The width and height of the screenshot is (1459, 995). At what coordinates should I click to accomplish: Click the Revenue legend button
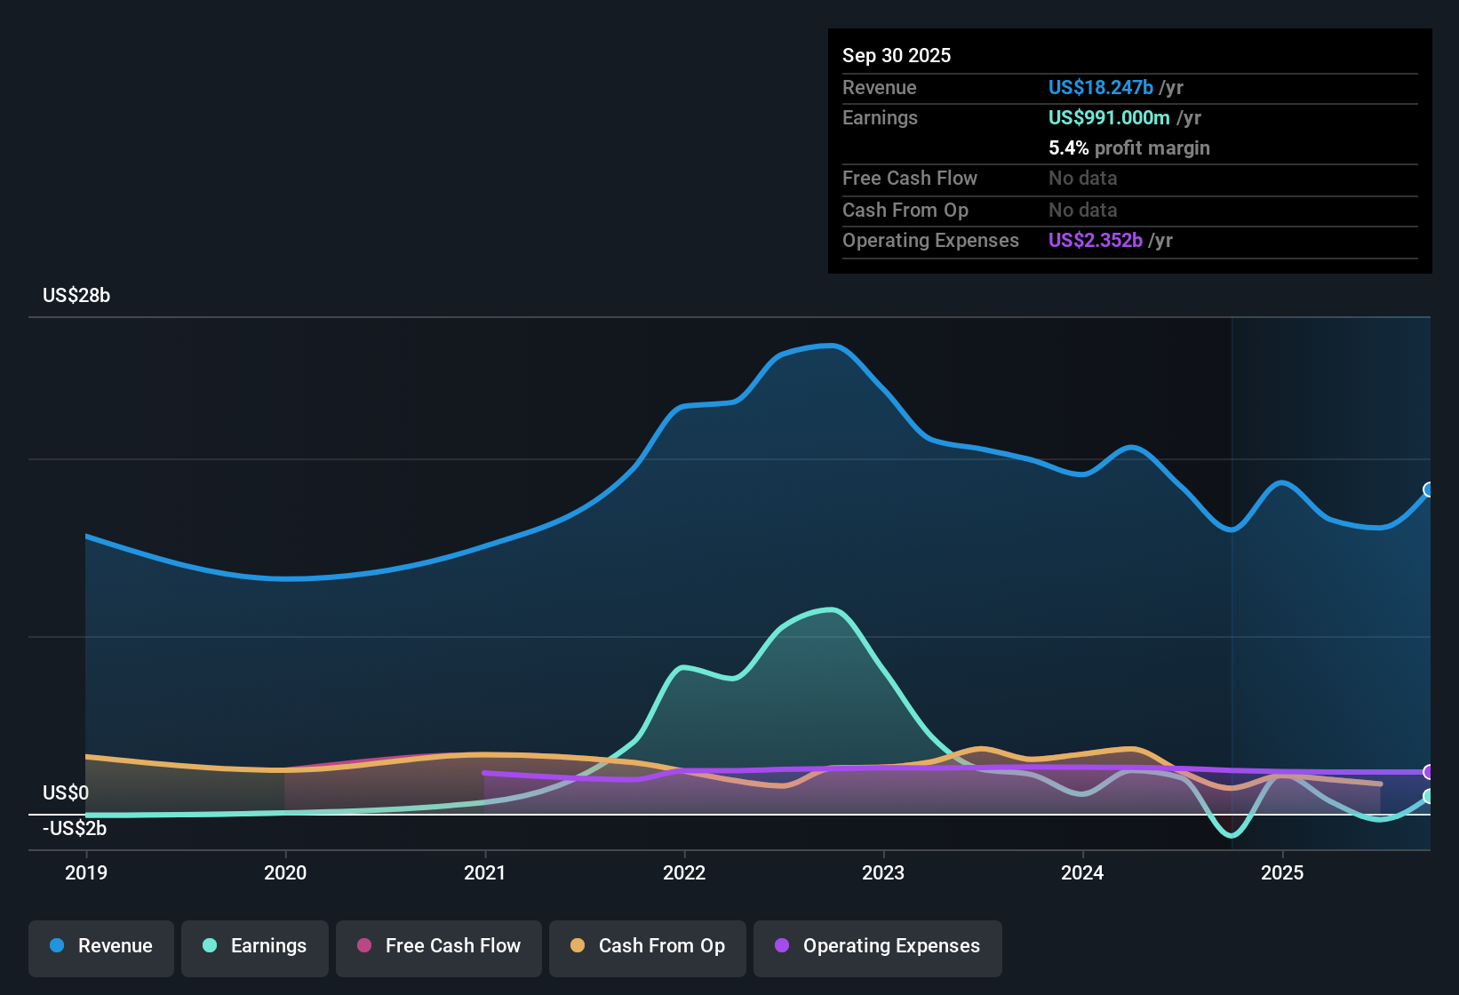tap(101, 946)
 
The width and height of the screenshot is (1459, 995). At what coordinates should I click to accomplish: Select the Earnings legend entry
tap(255, 946)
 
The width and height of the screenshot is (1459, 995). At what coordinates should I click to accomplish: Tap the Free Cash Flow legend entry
tap(439, 946)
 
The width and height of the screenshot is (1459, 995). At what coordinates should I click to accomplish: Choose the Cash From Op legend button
tap(648, 946)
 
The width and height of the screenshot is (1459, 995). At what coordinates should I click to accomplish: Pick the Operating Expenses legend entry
tap(878, 946)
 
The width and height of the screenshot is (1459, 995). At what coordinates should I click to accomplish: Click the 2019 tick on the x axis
tap(86, 872)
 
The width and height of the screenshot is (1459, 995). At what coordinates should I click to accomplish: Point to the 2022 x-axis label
tap(684, 872)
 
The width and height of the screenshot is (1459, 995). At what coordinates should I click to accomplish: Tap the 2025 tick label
tap(1282, 872)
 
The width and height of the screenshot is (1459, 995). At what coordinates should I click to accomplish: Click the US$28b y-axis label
tap(76, 296)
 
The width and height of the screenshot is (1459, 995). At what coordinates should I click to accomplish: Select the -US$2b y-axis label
tap(75, 829)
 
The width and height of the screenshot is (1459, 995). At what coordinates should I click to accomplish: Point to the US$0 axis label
tap(66, 793)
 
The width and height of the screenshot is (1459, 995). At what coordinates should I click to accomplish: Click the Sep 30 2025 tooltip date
tap(897, 56)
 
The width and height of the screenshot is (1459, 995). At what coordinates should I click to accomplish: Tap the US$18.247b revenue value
tap(1100, 88)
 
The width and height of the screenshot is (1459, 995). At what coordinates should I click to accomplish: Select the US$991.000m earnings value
tap(1108, 118)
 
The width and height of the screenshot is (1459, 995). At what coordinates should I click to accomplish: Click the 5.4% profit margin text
tap(1128, 148)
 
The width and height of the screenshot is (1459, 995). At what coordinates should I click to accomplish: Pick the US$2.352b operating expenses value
tap(1095, 241)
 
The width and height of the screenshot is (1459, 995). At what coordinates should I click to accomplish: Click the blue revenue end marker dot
tap(1429, 490)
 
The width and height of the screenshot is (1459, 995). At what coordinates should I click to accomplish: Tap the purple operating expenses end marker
tap(1429, 772)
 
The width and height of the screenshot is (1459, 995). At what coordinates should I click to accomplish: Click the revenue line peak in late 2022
tap(831, 346)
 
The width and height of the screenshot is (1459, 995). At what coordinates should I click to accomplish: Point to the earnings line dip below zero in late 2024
tap(1232, 835)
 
